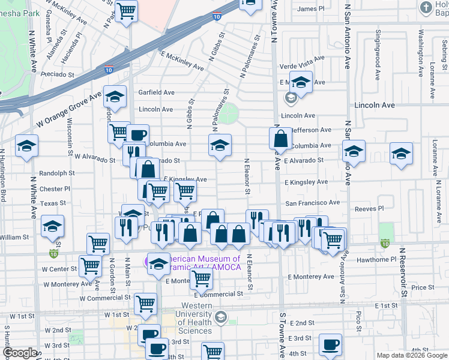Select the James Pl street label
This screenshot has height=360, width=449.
(310, 9)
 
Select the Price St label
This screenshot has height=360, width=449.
(423, 287)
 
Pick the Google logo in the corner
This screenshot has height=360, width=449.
(19, 353)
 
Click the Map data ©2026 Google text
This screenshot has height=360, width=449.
(412, 355)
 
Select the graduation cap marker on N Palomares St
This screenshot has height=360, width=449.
(220, 145)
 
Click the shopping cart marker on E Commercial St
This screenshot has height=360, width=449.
(201, 278)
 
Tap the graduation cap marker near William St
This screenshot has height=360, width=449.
(53, 226)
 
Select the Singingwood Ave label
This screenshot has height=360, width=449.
(378, 47)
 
